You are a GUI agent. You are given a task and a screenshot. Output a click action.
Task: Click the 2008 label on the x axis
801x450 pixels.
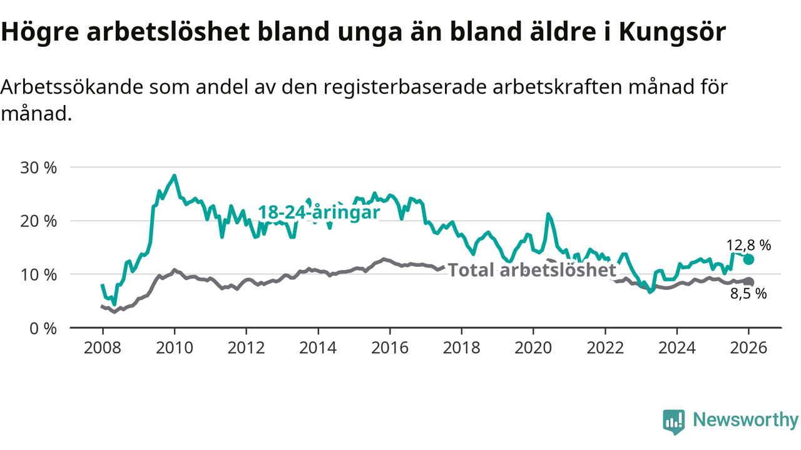[103, 347]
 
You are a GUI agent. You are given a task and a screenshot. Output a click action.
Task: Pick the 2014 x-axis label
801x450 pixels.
[318, 347]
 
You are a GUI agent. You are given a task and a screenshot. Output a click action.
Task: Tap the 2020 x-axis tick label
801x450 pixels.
[534, 347]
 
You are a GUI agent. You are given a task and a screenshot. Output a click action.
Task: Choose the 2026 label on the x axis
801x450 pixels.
[749, 347]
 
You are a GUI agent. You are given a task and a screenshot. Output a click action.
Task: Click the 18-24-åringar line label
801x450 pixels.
[319, 212]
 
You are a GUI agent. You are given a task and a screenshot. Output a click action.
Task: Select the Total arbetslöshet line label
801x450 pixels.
[532, 270]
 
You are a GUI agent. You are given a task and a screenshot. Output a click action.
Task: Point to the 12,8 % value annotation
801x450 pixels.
[748, 245]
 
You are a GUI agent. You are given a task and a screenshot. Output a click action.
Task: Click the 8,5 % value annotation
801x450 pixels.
[748, 294]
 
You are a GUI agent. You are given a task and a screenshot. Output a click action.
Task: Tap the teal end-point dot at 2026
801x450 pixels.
[749, 259]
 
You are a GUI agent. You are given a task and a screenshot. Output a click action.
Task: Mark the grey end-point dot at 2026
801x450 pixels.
[749, 282]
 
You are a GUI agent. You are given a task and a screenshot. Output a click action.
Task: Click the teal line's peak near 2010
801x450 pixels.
[175, 176]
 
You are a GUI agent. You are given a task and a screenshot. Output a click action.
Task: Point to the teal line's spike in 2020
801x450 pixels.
[548, 214]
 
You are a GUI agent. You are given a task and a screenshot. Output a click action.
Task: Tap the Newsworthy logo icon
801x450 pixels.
[673, 422]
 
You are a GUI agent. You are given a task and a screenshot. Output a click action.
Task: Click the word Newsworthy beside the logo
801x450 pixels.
[745, 420]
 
